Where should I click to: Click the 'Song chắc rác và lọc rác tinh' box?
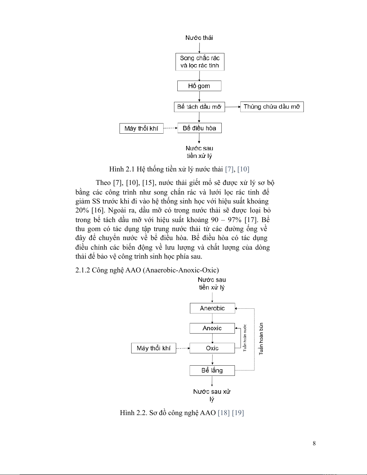(x=200, y=62)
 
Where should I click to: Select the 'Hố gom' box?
(x=199, y=86)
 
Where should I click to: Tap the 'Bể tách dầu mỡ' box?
(x=199, y=107)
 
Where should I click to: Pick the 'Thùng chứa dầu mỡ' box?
(x=272, y=107)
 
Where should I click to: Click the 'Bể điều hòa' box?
(x=199, y=128)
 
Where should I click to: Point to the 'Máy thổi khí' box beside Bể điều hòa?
(x=141, y=129)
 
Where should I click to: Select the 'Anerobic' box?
(x=212, y=308)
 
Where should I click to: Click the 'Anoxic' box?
(x=212, y=328)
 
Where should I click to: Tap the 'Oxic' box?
(x=212, y=348)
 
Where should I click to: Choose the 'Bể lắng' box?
(x=212, y=370)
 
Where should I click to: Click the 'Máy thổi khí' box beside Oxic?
(x=153, y=348)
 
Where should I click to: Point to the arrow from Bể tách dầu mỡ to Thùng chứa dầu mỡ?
(x=232, y=107)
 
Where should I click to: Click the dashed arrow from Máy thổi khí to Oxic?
(x=183, y=348)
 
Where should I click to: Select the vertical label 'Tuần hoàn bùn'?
(x=261, y=339)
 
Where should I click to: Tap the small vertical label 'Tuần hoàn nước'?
(x=245, y=337)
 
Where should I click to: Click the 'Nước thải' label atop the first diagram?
(x=199, y=38)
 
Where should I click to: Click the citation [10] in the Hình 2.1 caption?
(x=243, y=169)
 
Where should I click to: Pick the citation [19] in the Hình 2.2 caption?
(x=238, y=413)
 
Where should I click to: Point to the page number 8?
(x=314, y=444)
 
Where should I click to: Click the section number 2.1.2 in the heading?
(x=83, y=270)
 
